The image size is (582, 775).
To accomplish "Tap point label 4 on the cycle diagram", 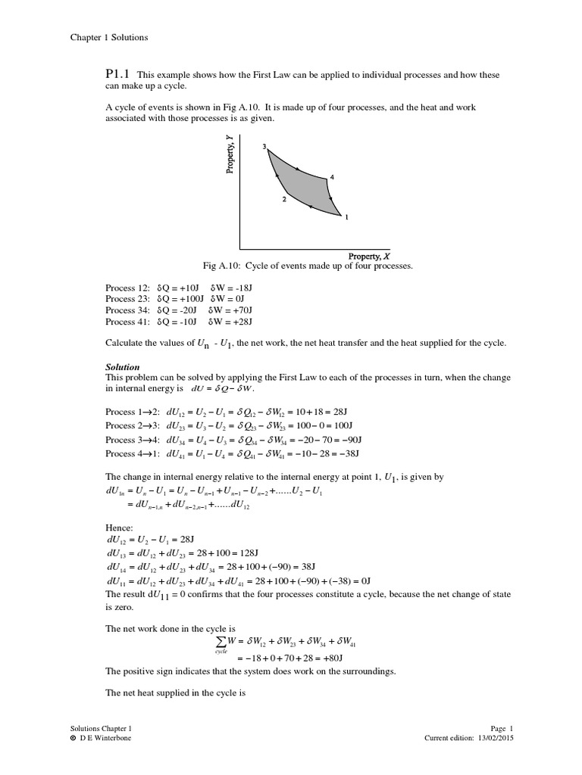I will coord(332,177).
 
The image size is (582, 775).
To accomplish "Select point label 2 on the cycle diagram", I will coord(283,199).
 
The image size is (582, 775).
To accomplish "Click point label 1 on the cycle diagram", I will coord(346,217).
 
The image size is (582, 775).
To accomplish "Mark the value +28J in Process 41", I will coord(238,321).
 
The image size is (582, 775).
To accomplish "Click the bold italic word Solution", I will coord(122,367).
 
